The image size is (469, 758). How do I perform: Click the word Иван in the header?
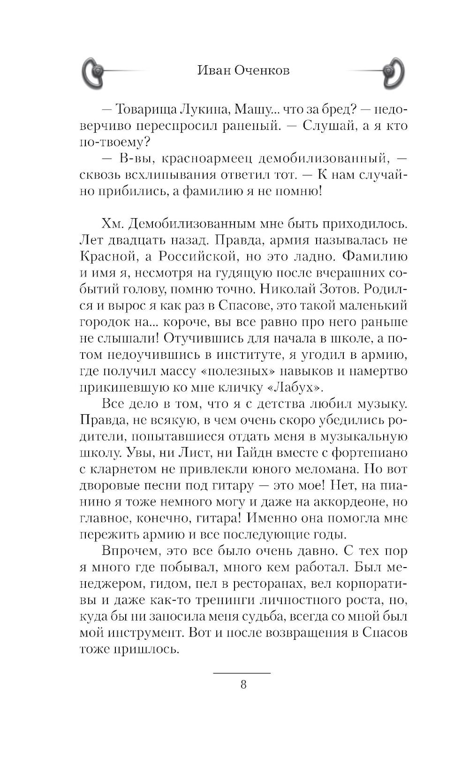(214, 70)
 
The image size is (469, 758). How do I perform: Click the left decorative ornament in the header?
(94, 73)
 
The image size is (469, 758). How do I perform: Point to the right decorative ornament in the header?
(391, 73)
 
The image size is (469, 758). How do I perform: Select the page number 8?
(243, 684)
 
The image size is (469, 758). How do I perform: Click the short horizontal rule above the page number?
(242, 673)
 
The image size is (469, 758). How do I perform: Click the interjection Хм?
(112, 224)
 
